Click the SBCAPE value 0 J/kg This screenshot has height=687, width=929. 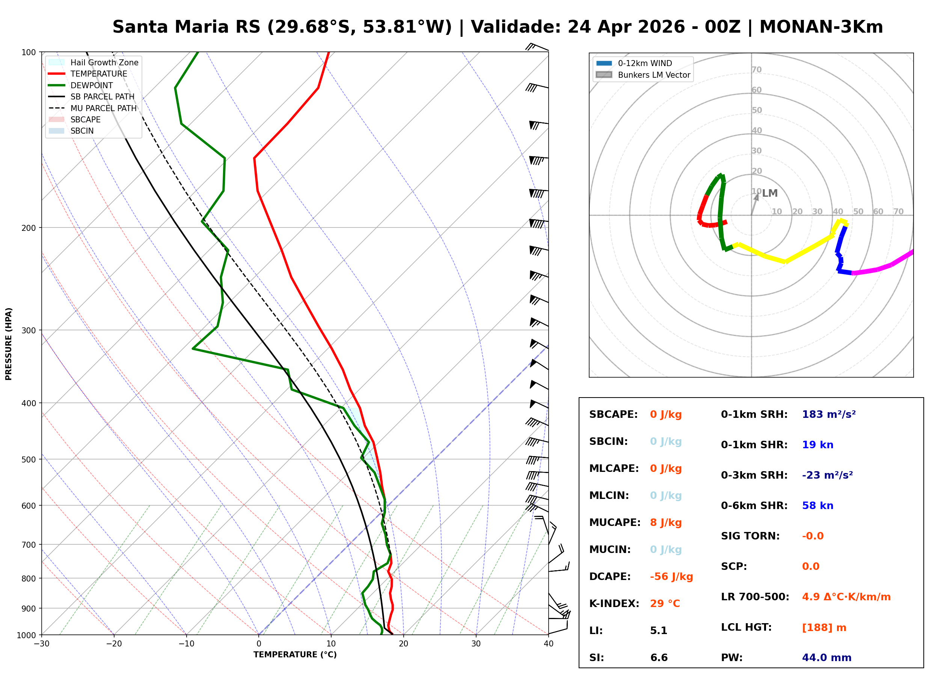pyautogui.click(x=665, y=414)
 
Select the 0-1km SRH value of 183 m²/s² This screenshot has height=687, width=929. pyautogui.click(x=828, y=414)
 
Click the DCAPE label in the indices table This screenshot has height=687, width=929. pyautogui.click(x=609, y=577)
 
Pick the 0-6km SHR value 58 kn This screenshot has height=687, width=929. pyautogui.click(x=817, y=506)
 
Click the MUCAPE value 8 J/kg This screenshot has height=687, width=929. pyautogui.click(x=665, y=523)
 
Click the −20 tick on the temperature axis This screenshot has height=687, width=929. pyautogui.click(x=113, y=644)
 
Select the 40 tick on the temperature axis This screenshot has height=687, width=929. pyautogui.click(x=548, y=644)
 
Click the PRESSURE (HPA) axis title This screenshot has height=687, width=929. pyautogui.click(x=9, y=344)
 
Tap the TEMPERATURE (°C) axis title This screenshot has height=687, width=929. pyautogui.click(x=295, y=655)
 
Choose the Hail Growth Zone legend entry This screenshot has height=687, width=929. pyautogui.click(x=104, y=62)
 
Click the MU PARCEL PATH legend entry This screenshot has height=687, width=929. pyautogui.click(x=103, y=108)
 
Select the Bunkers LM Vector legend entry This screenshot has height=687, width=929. pyautogui.click(x=653, y=75)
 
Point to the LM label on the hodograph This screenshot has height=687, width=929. pyautogui.click(x=769, y=193)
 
